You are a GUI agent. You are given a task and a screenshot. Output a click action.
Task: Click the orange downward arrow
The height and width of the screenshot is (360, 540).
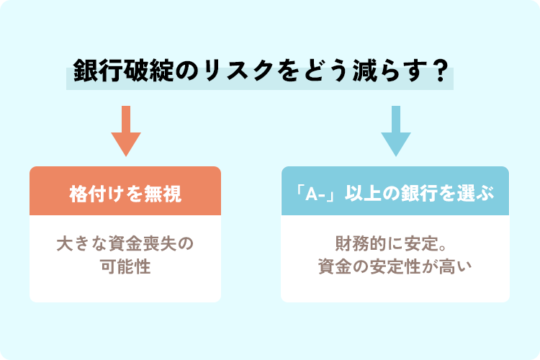126,131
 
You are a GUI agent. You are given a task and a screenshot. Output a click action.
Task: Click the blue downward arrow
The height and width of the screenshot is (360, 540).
396,131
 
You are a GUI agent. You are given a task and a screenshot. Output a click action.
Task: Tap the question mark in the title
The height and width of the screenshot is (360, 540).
440,71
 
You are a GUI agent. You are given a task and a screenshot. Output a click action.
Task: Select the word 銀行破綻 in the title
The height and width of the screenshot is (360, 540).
123,71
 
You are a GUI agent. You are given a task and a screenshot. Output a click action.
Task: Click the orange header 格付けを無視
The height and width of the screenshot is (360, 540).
125,194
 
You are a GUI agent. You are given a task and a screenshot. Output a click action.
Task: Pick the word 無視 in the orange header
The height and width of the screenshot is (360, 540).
163,194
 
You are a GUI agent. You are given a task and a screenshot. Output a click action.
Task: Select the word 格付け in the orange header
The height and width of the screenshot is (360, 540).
96,194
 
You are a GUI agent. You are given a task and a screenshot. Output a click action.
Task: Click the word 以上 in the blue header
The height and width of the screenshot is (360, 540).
362,193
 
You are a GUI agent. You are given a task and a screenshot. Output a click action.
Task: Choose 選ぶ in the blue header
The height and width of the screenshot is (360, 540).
476,193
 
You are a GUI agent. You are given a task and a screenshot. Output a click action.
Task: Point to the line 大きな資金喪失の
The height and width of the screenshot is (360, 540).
125,243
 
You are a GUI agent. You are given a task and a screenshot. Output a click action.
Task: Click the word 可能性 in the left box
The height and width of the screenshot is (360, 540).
125,266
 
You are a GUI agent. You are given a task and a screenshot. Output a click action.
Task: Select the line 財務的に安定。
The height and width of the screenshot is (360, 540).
391,243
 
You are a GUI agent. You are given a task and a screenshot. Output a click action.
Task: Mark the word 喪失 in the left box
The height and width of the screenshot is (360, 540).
160,243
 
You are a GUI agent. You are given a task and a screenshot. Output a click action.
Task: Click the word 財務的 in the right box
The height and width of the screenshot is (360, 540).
360,243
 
